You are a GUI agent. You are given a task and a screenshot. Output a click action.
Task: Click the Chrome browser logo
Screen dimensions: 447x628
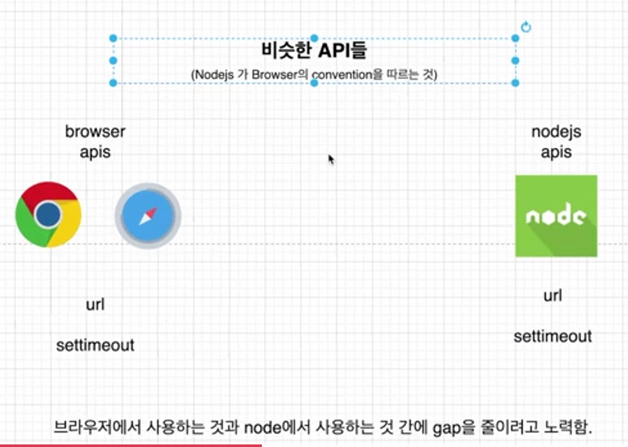[48, 215]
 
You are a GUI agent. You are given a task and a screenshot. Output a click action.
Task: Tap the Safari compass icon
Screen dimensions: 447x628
[148, 216]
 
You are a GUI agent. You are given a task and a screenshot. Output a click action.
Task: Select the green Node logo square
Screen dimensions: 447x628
[556, 216]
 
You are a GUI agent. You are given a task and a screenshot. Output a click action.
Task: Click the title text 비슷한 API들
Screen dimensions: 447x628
[315, 51]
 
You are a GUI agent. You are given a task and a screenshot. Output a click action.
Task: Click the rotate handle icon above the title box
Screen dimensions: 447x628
[526, 27]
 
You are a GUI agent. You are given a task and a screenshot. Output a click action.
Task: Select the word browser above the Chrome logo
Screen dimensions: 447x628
[95, 132]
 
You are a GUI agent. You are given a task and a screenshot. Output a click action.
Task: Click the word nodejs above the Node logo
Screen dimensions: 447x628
[556, 132]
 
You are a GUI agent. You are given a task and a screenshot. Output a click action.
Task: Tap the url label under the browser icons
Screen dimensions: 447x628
[95, 304]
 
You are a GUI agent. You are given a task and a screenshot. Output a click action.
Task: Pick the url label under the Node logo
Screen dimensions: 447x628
[553, 295]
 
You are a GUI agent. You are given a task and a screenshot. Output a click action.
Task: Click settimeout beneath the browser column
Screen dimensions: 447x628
[95, 345]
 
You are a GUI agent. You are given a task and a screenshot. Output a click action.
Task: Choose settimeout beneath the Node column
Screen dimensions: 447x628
[553, 336]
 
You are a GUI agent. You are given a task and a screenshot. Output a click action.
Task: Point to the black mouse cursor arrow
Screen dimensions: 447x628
[331, 160]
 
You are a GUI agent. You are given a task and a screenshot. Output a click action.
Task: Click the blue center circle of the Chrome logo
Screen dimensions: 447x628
[48, 215]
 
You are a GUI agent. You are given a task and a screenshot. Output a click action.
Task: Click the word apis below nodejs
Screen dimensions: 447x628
[556, 153]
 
